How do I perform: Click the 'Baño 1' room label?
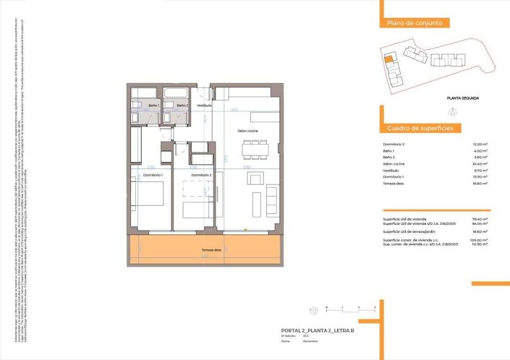pyautogui.click(x=153, y=106)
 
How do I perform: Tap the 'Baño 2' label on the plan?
pyautogui.click(x=182, y=106)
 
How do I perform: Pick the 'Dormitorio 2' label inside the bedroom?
pyautogui.click(x=200, y=175)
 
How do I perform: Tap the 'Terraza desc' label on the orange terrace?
pyautogui.click(x=212, y=251)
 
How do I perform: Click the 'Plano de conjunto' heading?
pyautogui.click(x=415, y=23)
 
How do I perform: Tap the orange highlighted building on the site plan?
pyautogui.click(x=388, y=60)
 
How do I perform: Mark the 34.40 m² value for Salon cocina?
pyautogui.click(x=479, y=164)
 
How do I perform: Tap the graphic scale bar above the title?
pyautogui.click(x=351, y=309)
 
